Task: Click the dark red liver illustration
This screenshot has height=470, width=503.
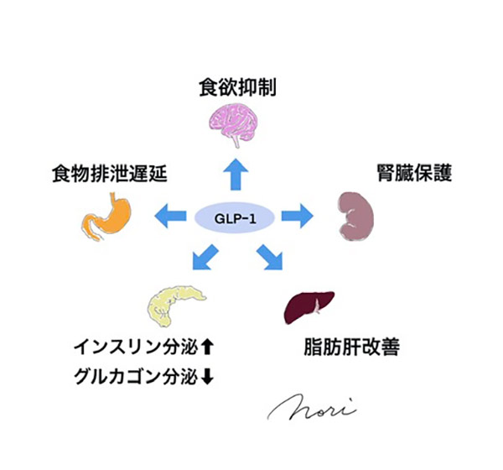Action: click(310, 305)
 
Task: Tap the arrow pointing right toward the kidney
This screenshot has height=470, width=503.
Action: click(296, 217)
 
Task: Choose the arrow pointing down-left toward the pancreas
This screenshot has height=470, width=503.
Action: click(205, 256)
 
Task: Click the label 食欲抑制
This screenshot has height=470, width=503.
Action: click(237, 86)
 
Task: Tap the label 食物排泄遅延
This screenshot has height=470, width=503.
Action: click(110, 174)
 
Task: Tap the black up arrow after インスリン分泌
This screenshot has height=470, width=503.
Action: click(210, 346)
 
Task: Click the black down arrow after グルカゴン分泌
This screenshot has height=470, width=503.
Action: click(209, 376)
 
